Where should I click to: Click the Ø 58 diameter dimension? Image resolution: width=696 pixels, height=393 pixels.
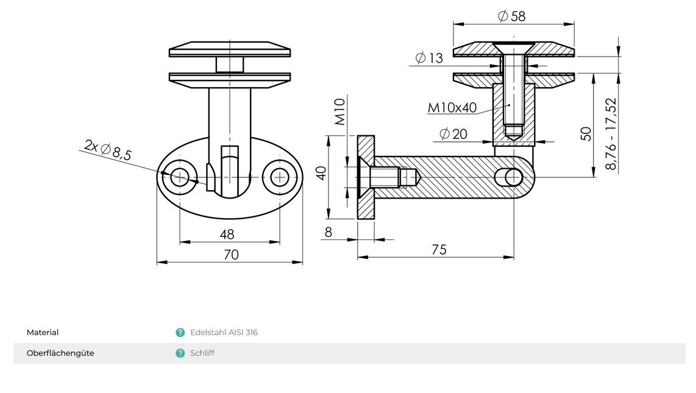coord(511,16)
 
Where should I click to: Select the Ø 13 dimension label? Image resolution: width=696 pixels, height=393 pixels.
coord(429,58)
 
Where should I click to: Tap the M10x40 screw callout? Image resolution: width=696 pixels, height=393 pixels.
coord(452,108)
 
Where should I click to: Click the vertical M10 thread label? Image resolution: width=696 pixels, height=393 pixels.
coord(340,112)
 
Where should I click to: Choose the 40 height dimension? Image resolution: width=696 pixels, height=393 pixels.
coord(321,173)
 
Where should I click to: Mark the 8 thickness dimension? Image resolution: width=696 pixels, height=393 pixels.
coord(328,232)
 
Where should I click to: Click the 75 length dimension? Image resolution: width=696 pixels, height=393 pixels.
coord(439,250)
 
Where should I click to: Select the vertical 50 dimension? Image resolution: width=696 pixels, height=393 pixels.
coord(586,134)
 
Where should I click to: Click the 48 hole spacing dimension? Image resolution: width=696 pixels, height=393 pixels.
coord(227,235)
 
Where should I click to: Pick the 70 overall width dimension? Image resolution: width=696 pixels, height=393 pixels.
coord(231,255)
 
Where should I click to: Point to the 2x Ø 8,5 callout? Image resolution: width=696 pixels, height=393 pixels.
coord(108,150)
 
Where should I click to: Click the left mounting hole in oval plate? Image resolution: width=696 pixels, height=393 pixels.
coord(180,177)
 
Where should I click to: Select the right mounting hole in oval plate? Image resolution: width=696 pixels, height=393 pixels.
coord(280,177)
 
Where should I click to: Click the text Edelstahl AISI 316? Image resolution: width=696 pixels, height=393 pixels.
coord(224,333)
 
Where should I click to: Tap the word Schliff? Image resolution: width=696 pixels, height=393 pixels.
coord(202,353)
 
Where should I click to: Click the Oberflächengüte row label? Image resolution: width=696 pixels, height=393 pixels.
coord(60,353)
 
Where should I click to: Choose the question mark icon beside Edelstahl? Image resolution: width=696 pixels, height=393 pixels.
coord(180,333)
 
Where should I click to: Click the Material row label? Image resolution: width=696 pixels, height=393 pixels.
coord(43,333)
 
